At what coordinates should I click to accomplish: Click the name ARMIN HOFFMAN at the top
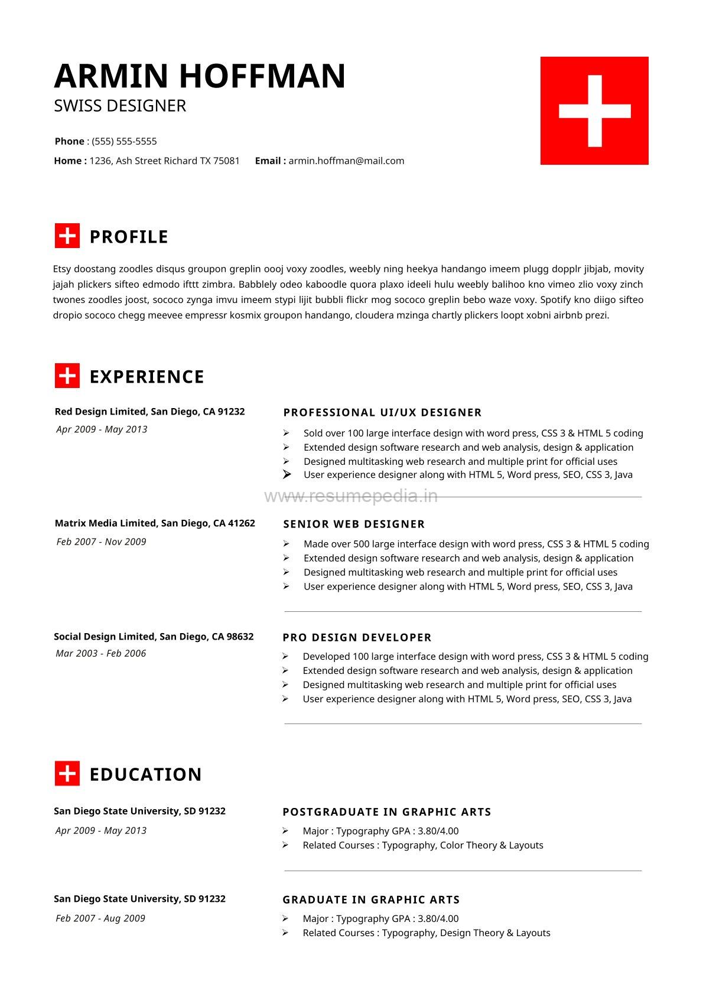200,76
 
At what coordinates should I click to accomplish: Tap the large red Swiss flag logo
594,110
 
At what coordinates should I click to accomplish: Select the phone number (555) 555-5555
124,141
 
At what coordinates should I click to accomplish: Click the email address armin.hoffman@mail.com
346,161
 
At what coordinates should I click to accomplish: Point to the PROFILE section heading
129,237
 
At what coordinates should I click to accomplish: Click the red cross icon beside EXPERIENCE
67,376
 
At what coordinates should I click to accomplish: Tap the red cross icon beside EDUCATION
67,774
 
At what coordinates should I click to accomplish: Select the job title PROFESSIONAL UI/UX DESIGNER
382,412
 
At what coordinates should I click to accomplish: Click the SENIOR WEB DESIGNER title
354,524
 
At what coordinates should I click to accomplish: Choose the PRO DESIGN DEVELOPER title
357,637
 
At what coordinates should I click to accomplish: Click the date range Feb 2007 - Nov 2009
101,542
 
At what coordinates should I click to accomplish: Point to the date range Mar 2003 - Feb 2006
100,653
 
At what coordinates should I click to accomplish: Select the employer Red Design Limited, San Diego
149,412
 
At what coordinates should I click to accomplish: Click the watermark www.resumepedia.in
351,496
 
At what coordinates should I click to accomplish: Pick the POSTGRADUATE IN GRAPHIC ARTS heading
387,812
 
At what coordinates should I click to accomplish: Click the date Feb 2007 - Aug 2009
100,918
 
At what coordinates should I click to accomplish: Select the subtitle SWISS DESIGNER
120,106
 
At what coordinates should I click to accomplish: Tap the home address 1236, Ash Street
164,161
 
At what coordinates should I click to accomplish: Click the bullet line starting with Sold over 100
473,433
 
